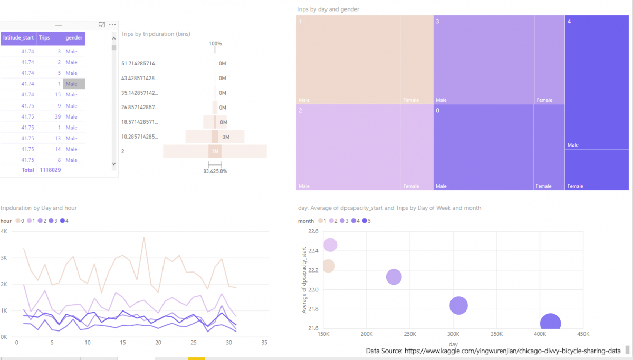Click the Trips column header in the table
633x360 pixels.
pyautogui.click(x=45, y=38)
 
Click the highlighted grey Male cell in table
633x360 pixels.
pyautogui.click(x=73, y=84)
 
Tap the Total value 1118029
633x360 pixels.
pyautogui.click(x=50, y=170)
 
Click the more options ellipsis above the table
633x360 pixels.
pyautogui.click(x=112, y=25)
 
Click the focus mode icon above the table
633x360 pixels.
pyautogui.click(x=101, y=25)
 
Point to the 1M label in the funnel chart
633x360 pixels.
pyautogui.click(x=215, y=152)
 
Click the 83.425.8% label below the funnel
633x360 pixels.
pyautogui.click(x=215, y=171)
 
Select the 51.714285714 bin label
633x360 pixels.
pyautogui.click(x=139, y=64)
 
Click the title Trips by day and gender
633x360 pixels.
pyautogui.click(x=328, y=9)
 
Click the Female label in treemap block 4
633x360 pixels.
pyautogui.click(x=575, y=186)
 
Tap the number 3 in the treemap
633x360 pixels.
pyautogui.click(x=438, y=22)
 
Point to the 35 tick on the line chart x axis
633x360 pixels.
pyautogui.click(x=265, y=343)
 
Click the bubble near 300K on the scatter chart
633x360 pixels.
pyautogui.click(x=458, y=306)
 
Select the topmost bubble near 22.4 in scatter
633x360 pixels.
pyautogui.click(x=330, y=245)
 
